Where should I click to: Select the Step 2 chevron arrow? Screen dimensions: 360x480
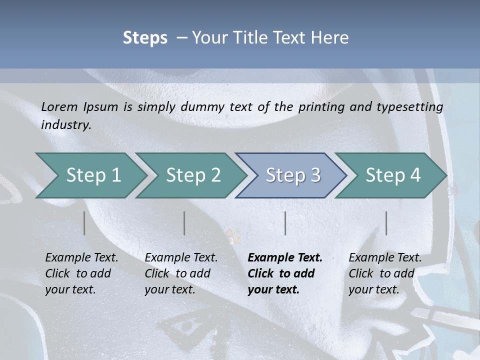click(193, 175)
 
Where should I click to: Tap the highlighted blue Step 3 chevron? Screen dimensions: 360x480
click(293, 175)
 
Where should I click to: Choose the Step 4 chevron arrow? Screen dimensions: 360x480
click(393, 175)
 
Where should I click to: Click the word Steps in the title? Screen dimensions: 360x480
click(145, 37)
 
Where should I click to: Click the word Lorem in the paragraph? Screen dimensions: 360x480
click(59, 106)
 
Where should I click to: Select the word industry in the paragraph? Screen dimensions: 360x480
click(65, 124)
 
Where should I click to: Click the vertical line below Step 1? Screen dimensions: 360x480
click(84, 223)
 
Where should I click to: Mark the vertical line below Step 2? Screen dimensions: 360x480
click(184, 223)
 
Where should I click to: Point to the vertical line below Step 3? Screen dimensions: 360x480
click(285, 223)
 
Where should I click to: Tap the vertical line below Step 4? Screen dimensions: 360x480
click(386, 223)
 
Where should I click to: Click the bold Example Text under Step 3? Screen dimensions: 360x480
click(285, 257)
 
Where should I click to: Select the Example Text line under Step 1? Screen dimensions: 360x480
click(81, 257)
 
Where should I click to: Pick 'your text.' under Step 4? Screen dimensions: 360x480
click(373, 289)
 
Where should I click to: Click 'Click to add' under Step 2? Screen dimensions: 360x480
click(177, 273)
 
